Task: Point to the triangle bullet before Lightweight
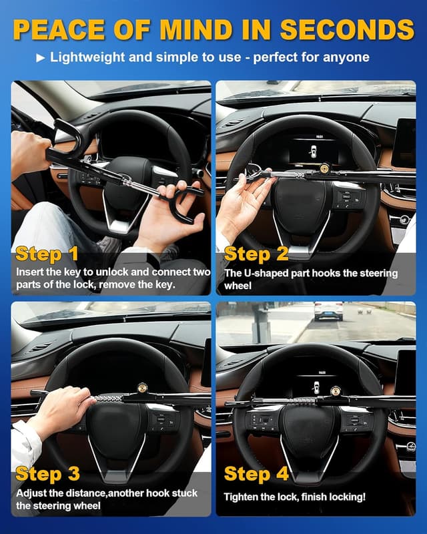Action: [40, 57]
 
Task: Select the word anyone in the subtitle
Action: [345, 57]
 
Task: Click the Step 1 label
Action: [47, 254]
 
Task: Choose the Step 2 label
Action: [256, 254]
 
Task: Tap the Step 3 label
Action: [47, 474]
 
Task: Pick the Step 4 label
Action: [256, 474]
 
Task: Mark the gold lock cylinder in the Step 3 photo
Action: [143, 388]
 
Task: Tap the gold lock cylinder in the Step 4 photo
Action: [335, 391]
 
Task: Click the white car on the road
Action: [328, 311]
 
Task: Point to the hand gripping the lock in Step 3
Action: [63, 409]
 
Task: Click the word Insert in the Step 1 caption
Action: [31, 272]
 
